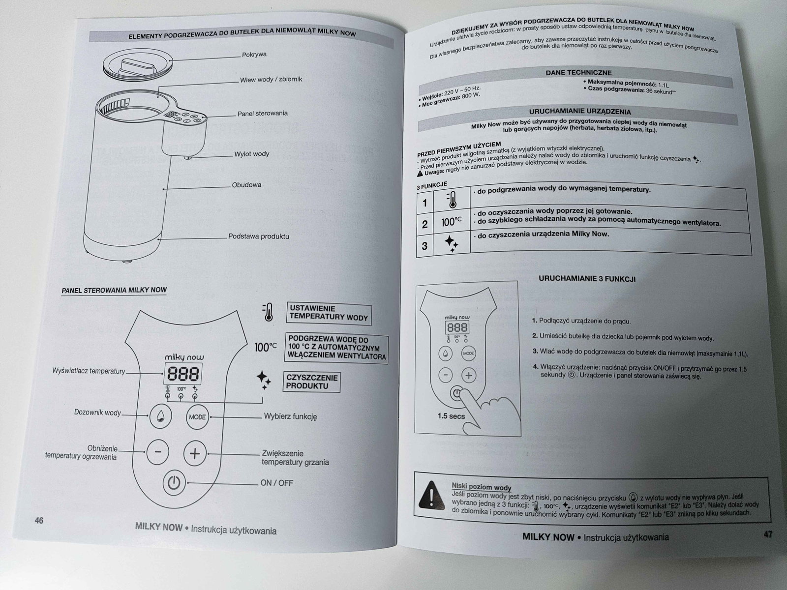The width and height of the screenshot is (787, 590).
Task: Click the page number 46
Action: click(x=39, y=520)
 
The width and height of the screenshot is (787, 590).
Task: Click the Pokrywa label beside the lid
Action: click(x=254, y=55)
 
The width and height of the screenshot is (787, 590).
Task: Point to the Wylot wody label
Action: click(x=252, y=154)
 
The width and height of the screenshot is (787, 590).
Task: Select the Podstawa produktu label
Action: click(x=259, y=236)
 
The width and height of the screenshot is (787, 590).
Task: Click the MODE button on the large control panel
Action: click(x=197, y=417)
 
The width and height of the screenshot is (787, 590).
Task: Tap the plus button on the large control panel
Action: click(x=195, y=453)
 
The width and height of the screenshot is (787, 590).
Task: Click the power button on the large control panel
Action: click(x=173, y=483)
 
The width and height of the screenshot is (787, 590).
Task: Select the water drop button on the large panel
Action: click(x=160, y=416)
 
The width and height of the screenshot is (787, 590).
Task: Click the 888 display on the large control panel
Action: click(x=182, y=375)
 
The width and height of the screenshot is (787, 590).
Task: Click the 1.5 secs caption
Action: click(x=451, y=416)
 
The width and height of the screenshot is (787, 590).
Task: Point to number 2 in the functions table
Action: click(x=425, y=224)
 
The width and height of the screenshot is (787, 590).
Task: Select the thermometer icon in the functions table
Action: click(x=451, y=200)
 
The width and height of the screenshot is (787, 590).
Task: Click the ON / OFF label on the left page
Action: click(x=276, y=483)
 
